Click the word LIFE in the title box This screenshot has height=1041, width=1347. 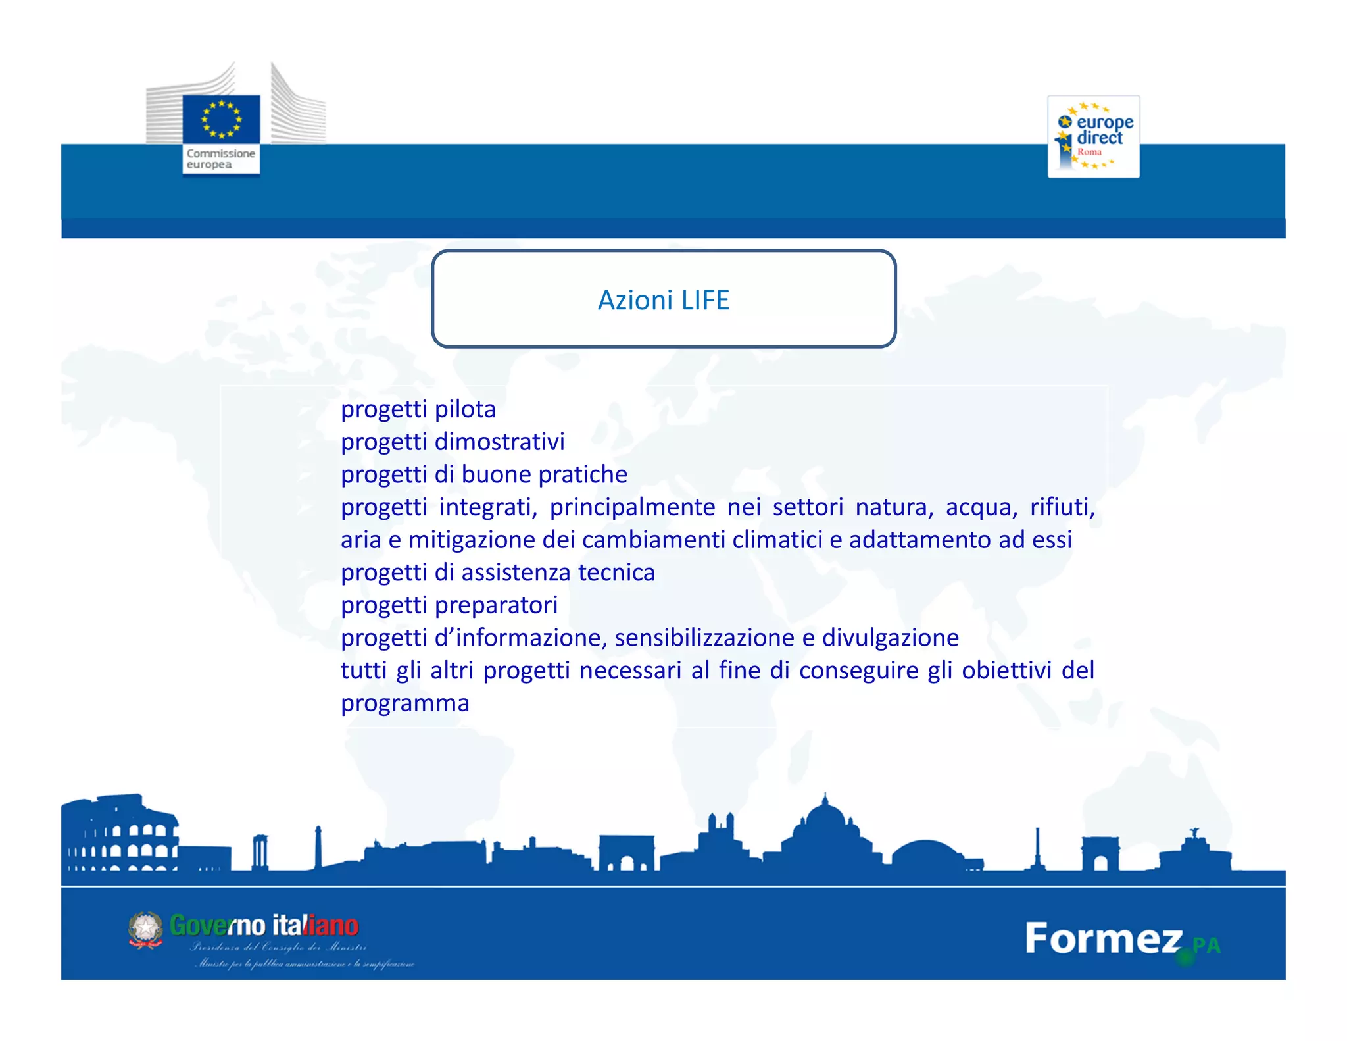705,300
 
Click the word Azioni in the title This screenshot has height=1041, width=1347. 635,300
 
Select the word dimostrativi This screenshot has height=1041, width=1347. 499,442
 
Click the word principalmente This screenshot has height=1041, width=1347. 632,507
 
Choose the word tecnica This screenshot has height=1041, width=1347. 616,572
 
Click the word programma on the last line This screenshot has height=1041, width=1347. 405,703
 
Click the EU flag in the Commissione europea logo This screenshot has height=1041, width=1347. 221,120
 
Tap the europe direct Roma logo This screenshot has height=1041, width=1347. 1093,136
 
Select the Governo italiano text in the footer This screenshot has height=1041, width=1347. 264,926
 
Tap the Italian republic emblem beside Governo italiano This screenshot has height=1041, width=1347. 145,930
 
